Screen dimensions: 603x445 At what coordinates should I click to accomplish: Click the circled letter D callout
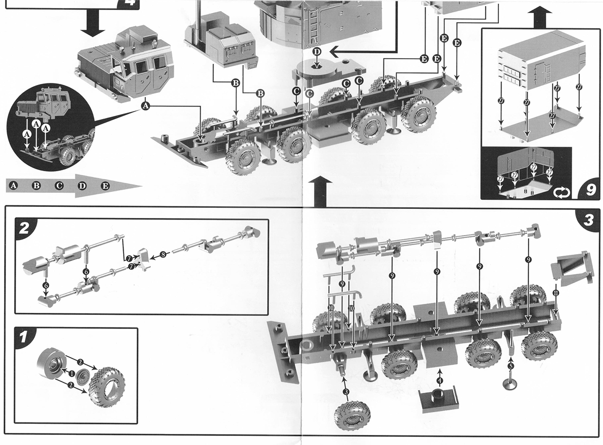click(x=317, y=52)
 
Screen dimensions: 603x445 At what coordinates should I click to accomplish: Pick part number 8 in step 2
click(x=162, y=255)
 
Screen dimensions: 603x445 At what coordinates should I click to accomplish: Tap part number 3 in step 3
click(x=346, y=391)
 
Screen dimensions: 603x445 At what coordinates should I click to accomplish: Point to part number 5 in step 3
click(x=511, y=366)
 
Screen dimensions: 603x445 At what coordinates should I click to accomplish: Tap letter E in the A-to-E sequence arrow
click(x=105, y=186)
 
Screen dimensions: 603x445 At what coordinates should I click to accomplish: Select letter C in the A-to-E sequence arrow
click(x=59, y=186)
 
